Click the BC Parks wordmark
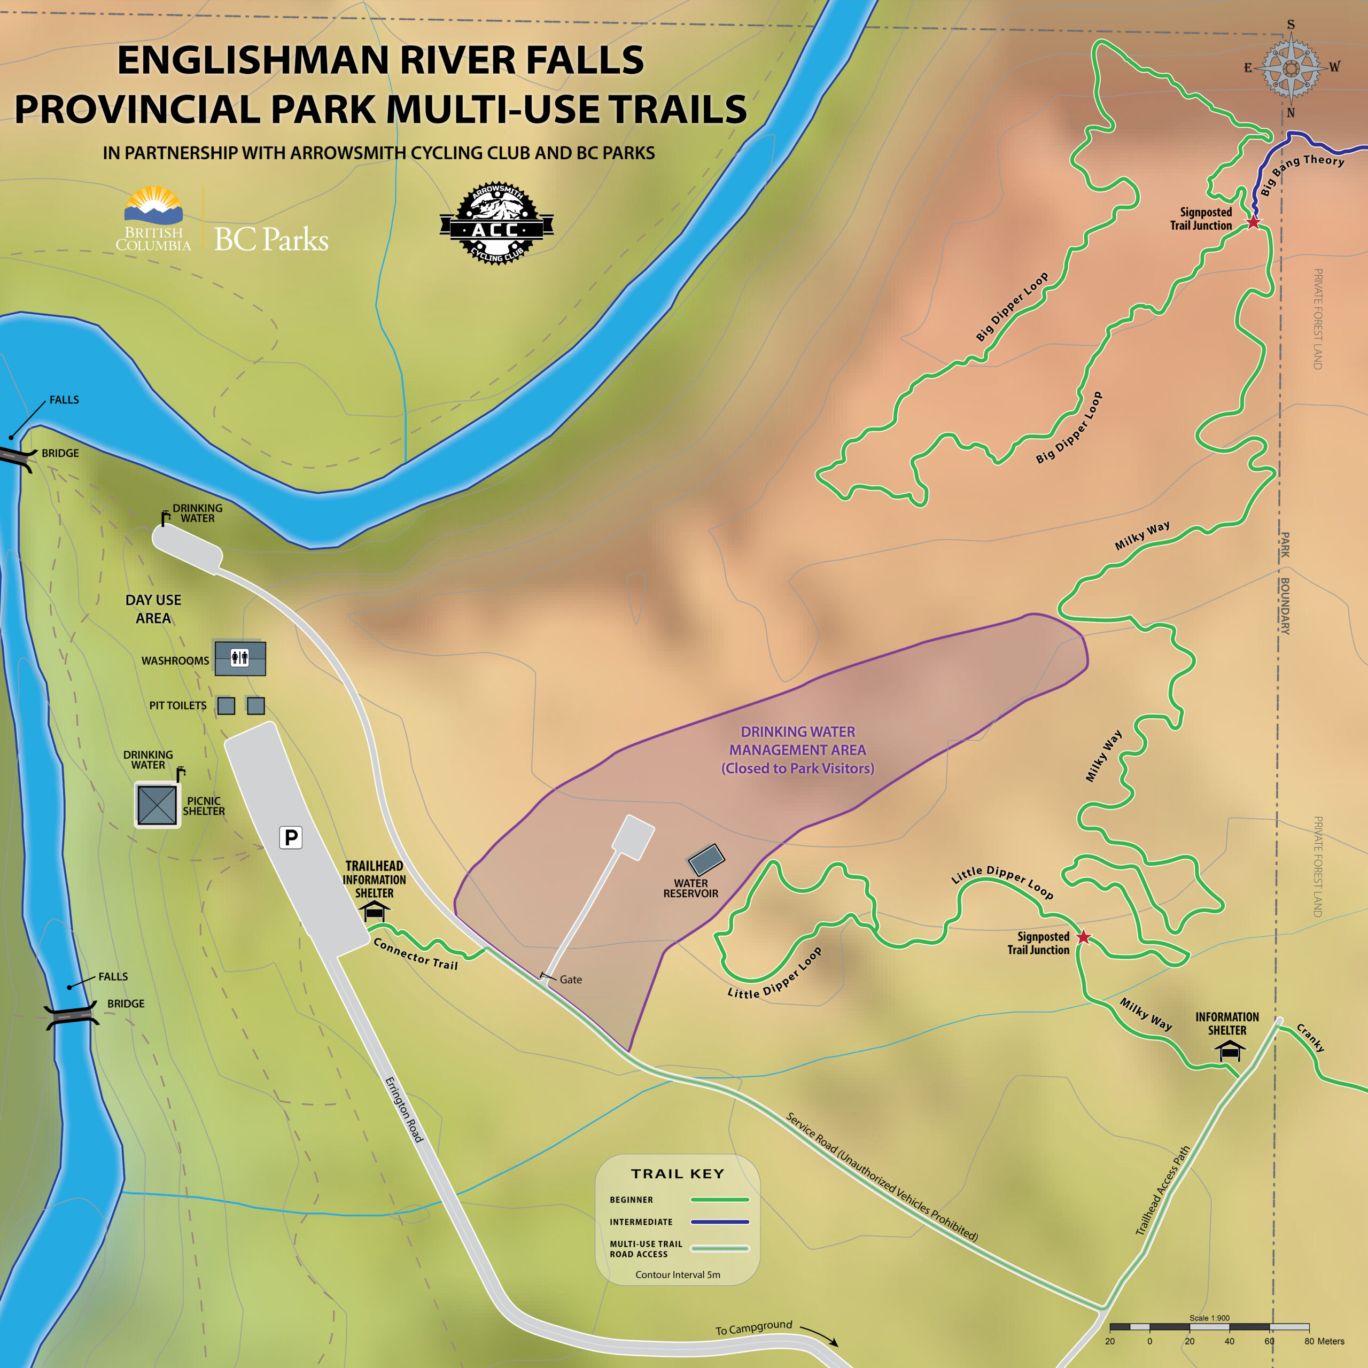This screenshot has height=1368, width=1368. coord(271,239)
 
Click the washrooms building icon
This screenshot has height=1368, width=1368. coord(240,658)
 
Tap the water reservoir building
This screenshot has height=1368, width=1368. coord(706,860)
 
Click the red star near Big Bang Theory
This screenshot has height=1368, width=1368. coord(1253,222)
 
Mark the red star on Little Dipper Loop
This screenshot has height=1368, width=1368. coord(1083,937)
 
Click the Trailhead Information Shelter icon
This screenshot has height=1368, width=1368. coord(375,911)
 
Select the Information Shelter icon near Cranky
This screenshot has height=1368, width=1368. coord(1229,1050)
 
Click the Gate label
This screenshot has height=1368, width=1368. coord(571,980)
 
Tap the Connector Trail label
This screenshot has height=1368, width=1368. coord(416,954)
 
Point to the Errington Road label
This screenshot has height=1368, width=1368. coord(403,1109)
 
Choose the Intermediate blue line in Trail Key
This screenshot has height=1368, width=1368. coord(719,1222)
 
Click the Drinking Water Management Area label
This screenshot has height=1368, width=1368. coord(797,750)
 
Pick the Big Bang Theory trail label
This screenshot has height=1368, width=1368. coord(1301,172)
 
